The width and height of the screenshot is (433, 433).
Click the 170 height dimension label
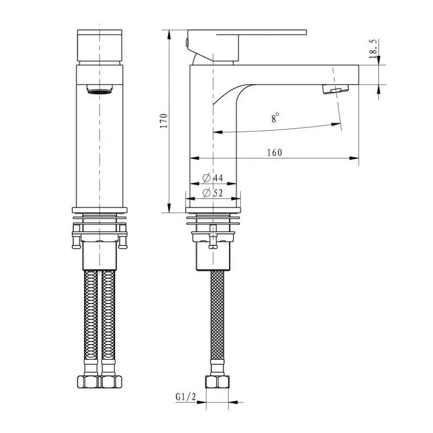163,121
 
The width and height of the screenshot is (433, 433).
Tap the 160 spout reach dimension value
274,152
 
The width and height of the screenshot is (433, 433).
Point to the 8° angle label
275,117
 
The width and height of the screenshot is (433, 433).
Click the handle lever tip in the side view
303,32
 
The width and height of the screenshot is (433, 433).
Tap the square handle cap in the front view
100,45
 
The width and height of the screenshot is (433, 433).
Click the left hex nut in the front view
89,382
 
